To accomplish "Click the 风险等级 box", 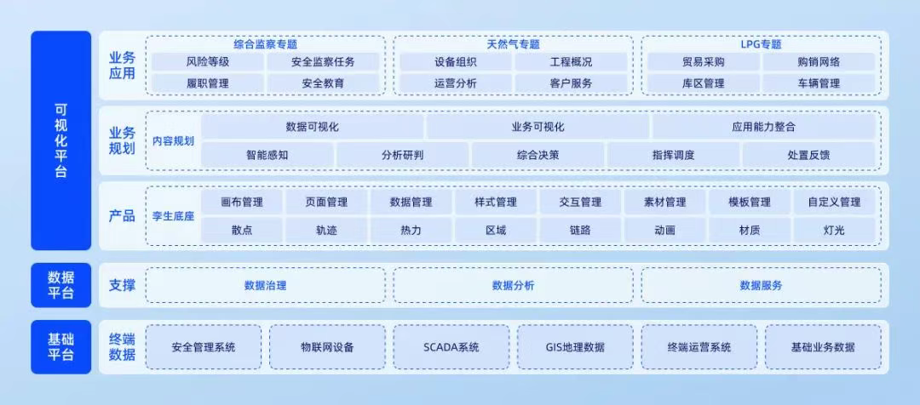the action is click(x=207, y=62).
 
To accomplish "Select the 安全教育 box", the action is click(x=323, y=83).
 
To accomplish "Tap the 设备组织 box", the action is click(x=455, y=62).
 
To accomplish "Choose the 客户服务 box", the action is click(x=571, y=83).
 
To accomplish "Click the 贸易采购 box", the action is click(x=703, y=62).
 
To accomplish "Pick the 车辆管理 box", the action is click(x=819, y=83).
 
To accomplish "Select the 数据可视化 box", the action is click(x=313, y=127).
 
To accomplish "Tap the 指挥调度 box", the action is click(x=673, y=155).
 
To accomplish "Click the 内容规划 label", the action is click(x=174, y=141).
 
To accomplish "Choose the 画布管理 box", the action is click(x=241, y=202).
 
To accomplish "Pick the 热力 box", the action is click(x=411, y=230).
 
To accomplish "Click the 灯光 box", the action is click(x=834, y=230).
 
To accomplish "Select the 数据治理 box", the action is click(x=265, y=286).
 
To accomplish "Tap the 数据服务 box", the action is click(x=761, y=286).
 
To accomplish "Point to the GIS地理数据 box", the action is click(x=575, y=347).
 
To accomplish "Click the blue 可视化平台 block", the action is click(x=60, y=140).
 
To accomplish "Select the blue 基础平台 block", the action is click(x=60, y=347).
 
